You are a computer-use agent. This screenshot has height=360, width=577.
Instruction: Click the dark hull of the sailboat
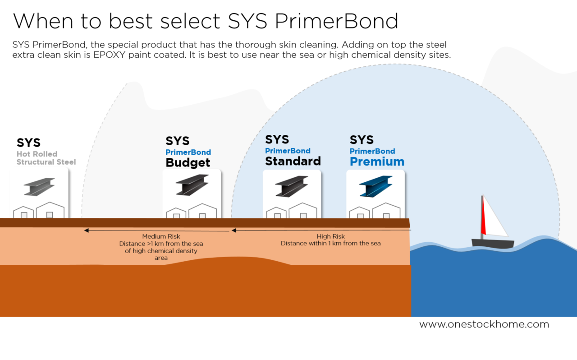tap(493, 244)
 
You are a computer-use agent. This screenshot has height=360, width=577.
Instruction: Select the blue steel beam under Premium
tap(376, 186)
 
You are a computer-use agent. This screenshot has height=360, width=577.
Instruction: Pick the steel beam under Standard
tap(292, 186)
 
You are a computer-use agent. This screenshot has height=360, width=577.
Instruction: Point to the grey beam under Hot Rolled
tap(39, 186)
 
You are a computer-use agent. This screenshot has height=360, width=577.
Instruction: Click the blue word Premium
tap(377, 162)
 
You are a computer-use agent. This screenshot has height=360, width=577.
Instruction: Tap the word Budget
tap(188, 162)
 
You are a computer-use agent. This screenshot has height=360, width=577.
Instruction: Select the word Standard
tap(293, 161)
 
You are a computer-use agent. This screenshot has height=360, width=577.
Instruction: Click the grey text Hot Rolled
tap(37, 154)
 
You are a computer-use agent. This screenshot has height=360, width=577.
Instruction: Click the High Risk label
tap(330, 236)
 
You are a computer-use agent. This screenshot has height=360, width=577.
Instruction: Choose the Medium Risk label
tap(161, 236)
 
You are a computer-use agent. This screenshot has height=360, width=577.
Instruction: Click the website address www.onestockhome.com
tap(484, 324)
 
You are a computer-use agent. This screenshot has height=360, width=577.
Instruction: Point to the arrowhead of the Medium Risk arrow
tap(86, 231)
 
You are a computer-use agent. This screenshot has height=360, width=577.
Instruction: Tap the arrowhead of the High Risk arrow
tap(234, 231)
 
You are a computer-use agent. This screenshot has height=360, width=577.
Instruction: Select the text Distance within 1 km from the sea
tap(330, 244)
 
